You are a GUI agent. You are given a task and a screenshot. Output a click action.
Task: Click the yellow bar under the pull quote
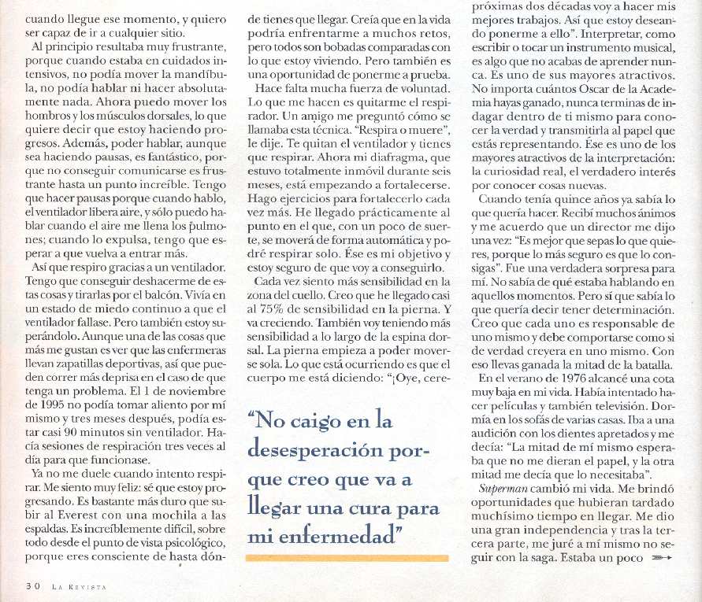(x=347, y=557)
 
